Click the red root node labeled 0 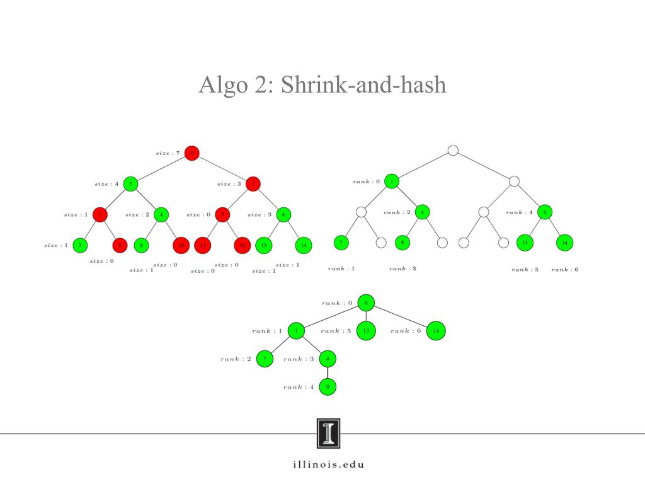tap(192, 153)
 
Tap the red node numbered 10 tap(180, 245)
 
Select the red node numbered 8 tap(120, 245)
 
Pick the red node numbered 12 tap(242, 245)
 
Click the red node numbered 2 tap(253, 183)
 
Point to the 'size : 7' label tap(168, 153)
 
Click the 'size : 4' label tap(106, 184)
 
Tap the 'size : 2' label tap(137, 215)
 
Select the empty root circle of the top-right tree tap(452, 151)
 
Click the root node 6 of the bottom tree tap(366, 302)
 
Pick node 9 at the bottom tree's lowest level tap(328, 386)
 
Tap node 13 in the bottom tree tap(366, 330)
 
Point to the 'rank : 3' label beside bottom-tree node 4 tap(299, 359)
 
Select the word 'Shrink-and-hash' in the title tap(363, 84)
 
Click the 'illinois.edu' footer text tap(328, 465)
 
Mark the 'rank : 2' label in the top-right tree tap(397, 212)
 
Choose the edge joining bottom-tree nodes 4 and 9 tap(328, 372)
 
